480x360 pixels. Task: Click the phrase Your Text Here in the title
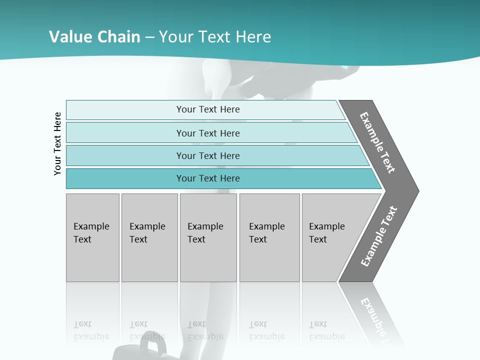(215, 37)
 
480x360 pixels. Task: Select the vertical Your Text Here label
(57, 143)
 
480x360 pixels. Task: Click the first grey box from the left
(92, 237)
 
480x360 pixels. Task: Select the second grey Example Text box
(149, 237)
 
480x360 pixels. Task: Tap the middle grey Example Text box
(208, 237)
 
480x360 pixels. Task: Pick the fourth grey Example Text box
(269, 237)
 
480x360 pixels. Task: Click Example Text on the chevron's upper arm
(377, 142)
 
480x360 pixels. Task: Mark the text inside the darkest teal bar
(208, 178)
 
